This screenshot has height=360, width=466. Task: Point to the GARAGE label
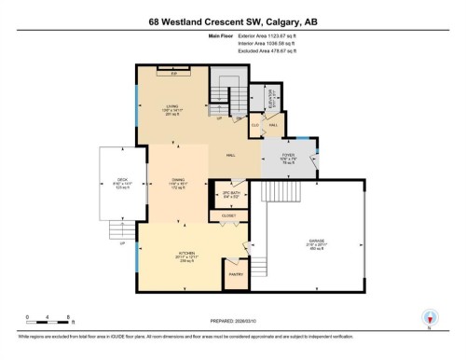tap(317, 242)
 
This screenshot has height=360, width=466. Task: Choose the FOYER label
tap(289, 157)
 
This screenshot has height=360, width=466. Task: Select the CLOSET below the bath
tap(229, 217)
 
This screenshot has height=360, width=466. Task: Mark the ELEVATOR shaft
tap(270, 98)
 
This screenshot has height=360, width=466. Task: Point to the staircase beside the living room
tap(227, 93)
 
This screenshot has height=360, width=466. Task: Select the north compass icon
tap(431, 317)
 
